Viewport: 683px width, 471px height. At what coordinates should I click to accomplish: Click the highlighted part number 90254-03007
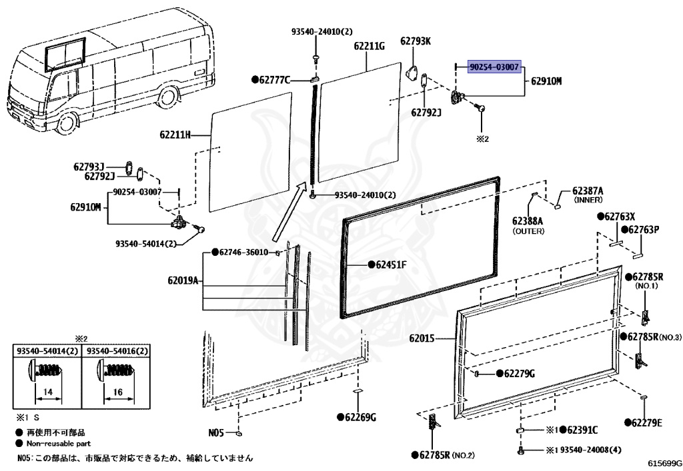click(494, 67)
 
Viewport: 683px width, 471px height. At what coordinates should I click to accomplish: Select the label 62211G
click(370, 46)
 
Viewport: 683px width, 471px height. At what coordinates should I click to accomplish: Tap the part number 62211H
click(175, 135)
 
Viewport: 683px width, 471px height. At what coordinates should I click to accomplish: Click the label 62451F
click(391, 264)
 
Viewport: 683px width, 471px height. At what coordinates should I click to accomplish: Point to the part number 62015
click(422, 339)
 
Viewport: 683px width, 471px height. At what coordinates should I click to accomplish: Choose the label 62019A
click(183, 281)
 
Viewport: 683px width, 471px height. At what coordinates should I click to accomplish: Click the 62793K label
click(416, 41)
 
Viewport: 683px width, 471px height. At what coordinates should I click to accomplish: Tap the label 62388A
click(528, 221)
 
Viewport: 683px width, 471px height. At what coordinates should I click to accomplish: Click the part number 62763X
click(620, 217)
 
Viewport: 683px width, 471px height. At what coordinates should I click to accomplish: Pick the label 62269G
click(360, 418)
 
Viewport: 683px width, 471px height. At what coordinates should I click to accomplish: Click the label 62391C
click(581, 430)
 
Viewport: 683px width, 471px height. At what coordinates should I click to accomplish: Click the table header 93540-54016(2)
click(115, 351)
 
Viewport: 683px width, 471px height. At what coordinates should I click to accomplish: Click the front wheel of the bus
click(67, 125)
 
